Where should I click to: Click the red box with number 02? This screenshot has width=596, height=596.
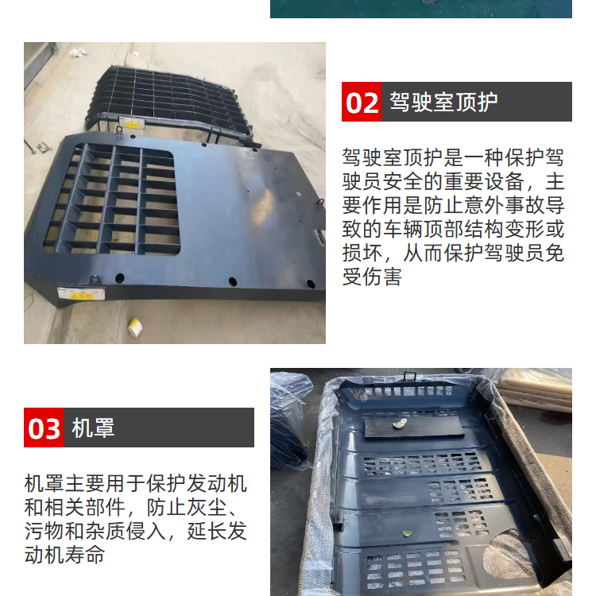tap(362, 102)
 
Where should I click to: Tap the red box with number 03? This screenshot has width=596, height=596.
tap(44, 428)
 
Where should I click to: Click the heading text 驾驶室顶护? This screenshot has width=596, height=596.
tap(443, 102)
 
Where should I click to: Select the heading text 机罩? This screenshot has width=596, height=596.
tap(93, 428)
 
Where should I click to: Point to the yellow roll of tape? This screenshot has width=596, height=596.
tap(135, 327)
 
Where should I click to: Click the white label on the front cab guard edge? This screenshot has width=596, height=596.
tap(81, 294)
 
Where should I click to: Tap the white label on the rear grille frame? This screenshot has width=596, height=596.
tap(131, 122)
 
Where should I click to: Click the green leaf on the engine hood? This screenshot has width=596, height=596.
tap(408, 534)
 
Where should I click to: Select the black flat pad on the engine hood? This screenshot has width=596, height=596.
tap(414, 428)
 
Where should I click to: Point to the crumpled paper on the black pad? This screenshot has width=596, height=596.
tap(399, 423)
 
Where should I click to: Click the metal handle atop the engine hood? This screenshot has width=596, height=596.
tap(409, 376)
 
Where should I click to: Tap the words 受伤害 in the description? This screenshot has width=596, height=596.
tap(372, 277)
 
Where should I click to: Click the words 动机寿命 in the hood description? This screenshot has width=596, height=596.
tap(64, 555)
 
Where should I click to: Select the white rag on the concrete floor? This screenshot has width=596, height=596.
tap(79, 52)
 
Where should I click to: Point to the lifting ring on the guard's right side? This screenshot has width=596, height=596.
tap(319, 202)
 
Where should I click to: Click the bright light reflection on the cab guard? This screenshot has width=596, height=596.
tap(264, 206)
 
